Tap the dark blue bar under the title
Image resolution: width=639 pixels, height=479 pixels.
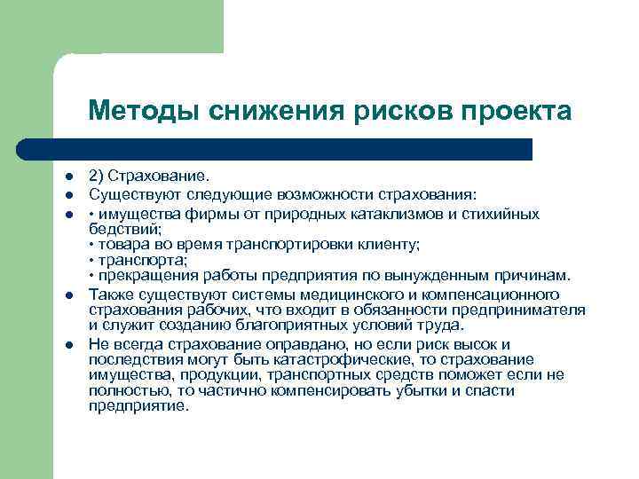(x=293, y=148)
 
